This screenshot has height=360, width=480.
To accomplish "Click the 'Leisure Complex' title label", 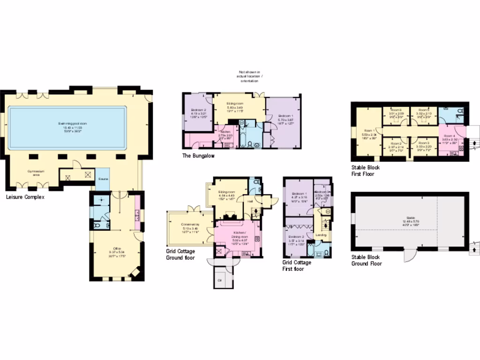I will click(x=25, y=197).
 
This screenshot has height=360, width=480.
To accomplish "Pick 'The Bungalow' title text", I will click(x=198, y=156).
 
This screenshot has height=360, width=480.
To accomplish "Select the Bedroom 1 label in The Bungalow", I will click(x=286, y=118).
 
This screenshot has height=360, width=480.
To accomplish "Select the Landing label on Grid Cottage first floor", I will click(x=321, y=235).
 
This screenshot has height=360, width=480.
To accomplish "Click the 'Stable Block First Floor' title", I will click(x=366, y=170).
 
